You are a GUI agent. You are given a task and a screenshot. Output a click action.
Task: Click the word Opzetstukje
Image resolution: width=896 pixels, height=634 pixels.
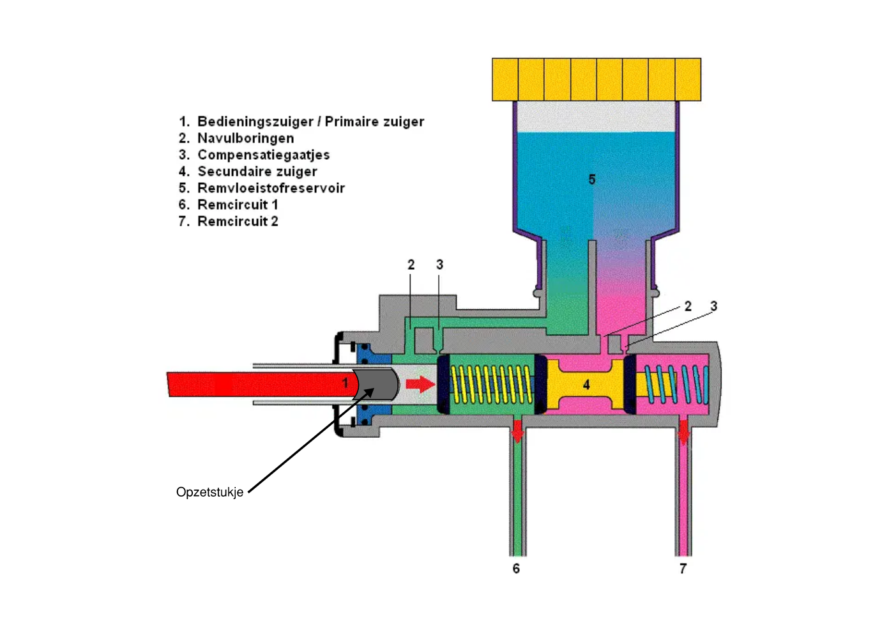tap(209, 492)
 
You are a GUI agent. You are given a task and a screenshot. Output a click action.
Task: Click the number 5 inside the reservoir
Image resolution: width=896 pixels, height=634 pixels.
tap(592, 180)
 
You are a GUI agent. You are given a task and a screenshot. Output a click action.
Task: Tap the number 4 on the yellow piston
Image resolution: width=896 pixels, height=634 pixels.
tap(586, 385)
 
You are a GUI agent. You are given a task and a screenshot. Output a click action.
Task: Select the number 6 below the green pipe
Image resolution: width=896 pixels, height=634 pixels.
tap(516, 568)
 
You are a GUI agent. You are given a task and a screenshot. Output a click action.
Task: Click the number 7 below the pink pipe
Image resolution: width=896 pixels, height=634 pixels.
tap(683, 568)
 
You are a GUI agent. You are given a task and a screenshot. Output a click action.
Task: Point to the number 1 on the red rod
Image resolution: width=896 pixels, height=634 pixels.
tap(345, 383)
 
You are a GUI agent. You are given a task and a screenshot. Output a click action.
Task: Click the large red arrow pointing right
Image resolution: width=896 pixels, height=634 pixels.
tap(421, 383)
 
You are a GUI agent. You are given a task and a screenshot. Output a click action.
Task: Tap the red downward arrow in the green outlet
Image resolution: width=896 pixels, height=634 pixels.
tap(517, 433)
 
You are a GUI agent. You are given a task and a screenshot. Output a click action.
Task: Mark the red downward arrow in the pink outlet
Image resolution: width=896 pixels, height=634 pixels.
tap(684, 433)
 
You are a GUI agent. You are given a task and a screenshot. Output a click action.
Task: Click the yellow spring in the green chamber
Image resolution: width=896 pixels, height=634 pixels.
tap(492, 384)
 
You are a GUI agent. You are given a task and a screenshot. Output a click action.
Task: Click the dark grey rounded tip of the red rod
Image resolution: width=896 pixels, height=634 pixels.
tap(378, 383)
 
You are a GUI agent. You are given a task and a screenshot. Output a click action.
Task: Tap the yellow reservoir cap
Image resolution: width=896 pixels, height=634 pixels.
tap(596, 79)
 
